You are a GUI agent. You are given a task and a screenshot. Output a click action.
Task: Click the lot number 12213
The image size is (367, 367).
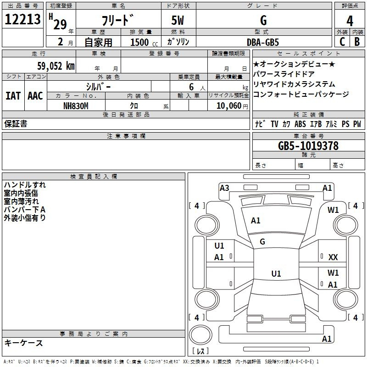[x=22, y=19]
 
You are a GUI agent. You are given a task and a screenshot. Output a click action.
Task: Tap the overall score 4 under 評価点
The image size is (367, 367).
[x=350, y=21]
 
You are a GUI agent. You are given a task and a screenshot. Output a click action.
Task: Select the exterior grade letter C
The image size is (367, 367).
[x=342, y=42]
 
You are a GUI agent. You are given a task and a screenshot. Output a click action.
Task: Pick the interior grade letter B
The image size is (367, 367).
[x=357, y=42]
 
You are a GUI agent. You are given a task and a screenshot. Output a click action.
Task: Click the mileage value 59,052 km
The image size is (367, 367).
[x=56, y=66]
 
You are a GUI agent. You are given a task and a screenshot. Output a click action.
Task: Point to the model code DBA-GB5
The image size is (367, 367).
[x=263, y=42]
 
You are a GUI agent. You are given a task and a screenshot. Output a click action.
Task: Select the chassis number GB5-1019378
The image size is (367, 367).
[x=308, y=145]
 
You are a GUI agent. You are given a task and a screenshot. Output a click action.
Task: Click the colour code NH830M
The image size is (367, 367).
[x=76, y=106]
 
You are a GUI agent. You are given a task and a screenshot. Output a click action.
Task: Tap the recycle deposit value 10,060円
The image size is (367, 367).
[x=232, y=106]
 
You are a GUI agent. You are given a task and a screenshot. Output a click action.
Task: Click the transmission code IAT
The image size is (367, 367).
[x=13, y=96]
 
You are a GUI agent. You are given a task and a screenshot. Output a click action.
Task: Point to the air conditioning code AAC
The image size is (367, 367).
[x=35, y=96]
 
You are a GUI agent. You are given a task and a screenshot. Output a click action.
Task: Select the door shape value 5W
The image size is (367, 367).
[x=178, y=20]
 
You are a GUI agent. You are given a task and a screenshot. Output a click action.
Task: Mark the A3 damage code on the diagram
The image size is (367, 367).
[x=224, y=188]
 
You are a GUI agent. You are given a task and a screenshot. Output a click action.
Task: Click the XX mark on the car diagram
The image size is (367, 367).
[x=333, y=257]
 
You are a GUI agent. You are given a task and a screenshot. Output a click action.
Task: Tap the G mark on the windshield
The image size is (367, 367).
[x=262, y=242]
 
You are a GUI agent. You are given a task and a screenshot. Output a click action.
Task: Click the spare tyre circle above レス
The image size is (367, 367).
[x=200, y=335]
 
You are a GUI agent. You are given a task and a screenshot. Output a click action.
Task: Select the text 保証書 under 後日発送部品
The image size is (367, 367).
[x=16, y=123]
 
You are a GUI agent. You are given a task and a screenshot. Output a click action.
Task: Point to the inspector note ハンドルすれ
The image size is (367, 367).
[x=25, y=185]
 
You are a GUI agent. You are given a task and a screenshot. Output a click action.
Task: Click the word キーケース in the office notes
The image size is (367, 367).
[x=24, y=343]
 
